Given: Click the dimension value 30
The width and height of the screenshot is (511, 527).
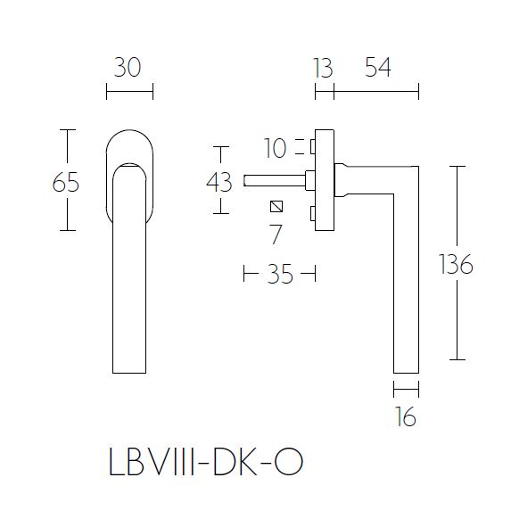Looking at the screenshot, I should pyautogui.click(x=128, y=68).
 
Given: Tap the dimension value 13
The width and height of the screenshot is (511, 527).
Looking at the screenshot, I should pyautogui.click(x=323, y=68).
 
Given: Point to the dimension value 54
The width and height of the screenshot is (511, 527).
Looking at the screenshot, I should pyautogui.click(x=377, y=68).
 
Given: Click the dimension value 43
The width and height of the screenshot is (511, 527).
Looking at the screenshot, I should pyautogui.click(x=218, y=182).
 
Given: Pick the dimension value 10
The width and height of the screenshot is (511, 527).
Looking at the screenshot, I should pyautogui.click(x=276, y=148).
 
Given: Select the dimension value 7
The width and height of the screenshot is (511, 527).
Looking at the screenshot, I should pyautogui.click(x=276, y=235).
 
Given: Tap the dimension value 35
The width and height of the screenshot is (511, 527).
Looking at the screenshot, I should pyautogui.click(x=280, y=275).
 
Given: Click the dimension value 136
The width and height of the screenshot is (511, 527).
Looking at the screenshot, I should pyautogui.click(x=457, y=265).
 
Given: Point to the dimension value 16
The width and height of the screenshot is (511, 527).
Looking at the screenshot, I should pyautogui.click(x=406, y=416).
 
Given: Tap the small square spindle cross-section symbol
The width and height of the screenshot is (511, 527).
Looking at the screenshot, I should pyautogui.click(x=276, y=208).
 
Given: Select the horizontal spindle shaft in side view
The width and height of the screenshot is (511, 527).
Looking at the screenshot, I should pyautogui.click(x=275, y=179).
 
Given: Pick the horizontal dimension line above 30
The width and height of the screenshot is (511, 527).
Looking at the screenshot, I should pyautogui.click(x=129, y=91).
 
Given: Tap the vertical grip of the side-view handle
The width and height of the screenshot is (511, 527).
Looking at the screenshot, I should pyautogui.click(x=406, y=285).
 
